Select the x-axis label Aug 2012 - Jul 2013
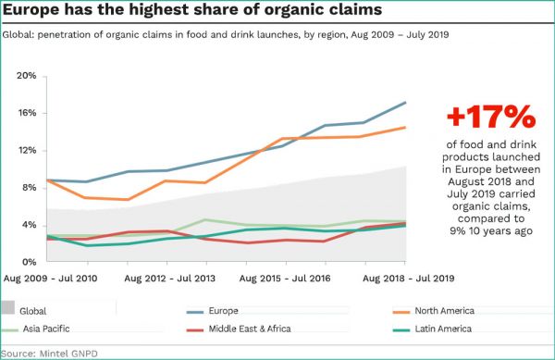171,278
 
